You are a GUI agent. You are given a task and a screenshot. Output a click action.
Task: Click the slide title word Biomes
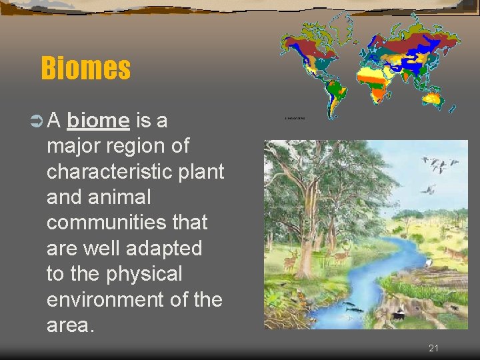coord(85,68)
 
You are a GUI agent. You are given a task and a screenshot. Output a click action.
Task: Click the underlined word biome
coord(98,121)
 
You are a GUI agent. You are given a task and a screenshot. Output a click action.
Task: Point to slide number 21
coord(433,348)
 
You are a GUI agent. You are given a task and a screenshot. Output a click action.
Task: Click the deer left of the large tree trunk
coord(290,260)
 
